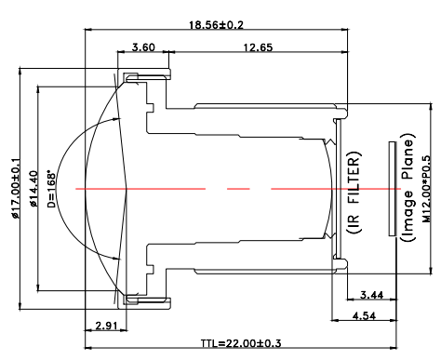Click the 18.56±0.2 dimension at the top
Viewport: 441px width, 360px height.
tap(217, 25)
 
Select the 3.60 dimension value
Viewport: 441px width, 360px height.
tap(143, 47)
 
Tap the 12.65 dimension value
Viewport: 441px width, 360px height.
tap(258, 47)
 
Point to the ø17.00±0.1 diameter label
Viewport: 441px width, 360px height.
tap(16, 189)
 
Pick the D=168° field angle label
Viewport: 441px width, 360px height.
tap(51, 189)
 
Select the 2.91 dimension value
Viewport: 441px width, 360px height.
tap(106, 326)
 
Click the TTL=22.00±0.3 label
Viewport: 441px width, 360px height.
tap(241, 343)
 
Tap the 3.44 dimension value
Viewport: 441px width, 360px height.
tap(371, 295)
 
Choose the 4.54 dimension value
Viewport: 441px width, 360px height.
tap(364, 316)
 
